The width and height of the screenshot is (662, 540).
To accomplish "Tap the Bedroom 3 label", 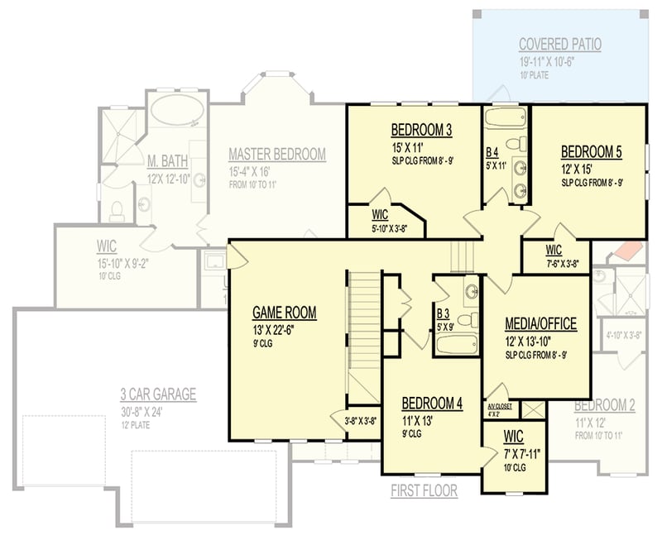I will pos(421,130).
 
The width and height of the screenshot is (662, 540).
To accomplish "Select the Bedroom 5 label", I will pos(591,151).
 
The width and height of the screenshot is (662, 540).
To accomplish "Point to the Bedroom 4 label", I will pos(431,404).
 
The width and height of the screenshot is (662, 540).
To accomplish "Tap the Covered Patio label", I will pos(559,44).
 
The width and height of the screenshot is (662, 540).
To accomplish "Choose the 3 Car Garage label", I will pos(157,394).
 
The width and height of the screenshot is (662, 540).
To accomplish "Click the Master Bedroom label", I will pos(276,154).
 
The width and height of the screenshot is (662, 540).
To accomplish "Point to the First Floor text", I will pos(424,490).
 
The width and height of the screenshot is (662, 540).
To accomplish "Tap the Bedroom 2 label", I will pos(604,405).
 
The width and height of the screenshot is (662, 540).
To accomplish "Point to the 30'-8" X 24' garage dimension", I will pos(157,411).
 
